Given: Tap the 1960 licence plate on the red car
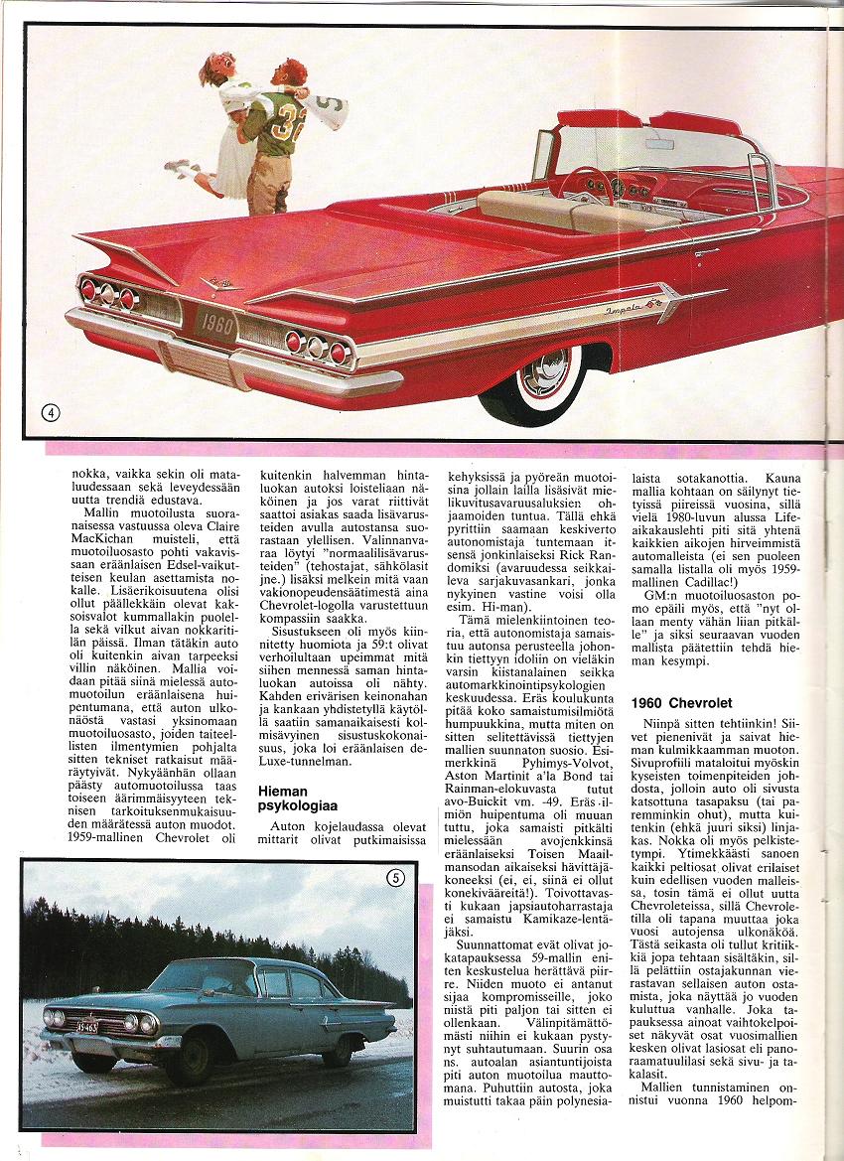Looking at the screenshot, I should point(215,324).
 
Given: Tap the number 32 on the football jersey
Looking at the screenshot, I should point(290,120).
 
